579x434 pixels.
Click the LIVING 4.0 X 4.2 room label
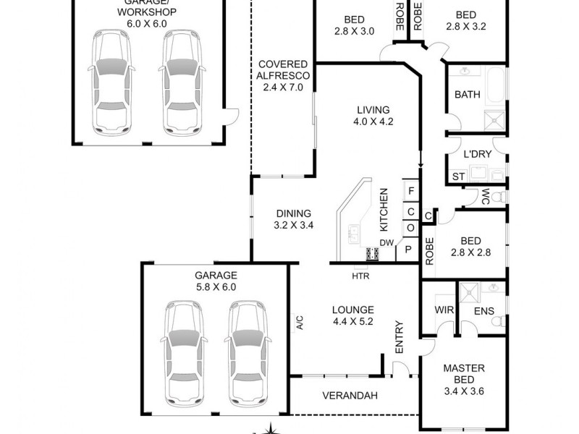pos(373,116)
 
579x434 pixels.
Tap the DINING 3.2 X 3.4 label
pos(292,219)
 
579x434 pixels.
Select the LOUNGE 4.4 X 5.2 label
pos(352,315)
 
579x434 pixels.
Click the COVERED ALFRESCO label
pos(283,75)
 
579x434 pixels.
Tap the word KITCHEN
pos(384,210)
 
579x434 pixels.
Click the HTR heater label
pos(359,276)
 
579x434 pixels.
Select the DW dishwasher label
pos(386,242)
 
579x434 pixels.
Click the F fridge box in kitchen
pos(411,191)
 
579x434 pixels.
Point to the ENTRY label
pos(399,338)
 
